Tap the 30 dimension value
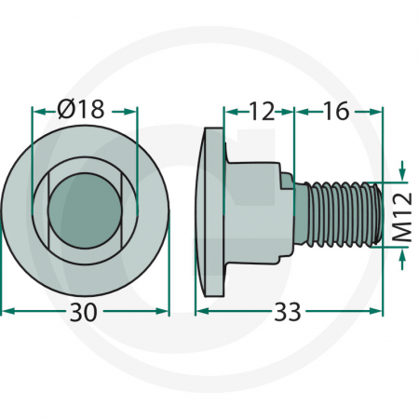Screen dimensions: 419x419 pos(85,314)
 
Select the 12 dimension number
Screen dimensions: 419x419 pos(261,111)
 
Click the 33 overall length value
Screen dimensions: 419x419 pos(289,314)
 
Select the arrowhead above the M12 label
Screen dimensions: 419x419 pos(401,175)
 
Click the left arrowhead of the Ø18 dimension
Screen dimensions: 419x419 pos(37,110)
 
